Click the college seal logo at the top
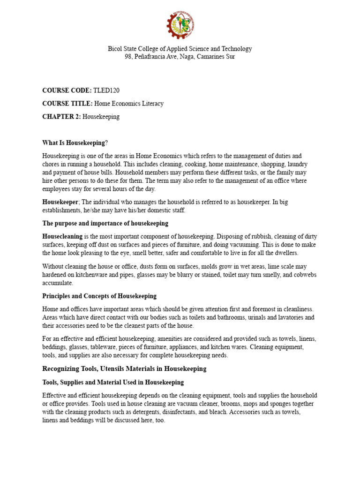pos(180,25)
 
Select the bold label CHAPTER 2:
pos(61,117)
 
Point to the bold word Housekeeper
pos(60,201)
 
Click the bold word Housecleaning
pos(62,237)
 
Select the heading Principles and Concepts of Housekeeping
pos(99,296)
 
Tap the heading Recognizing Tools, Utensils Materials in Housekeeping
pos(124,369)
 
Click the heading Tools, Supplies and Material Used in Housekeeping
pos(113,382)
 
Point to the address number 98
pos(127,57)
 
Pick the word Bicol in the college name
pos(116,49)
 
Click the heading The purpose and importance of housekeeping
pos(105,223)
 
